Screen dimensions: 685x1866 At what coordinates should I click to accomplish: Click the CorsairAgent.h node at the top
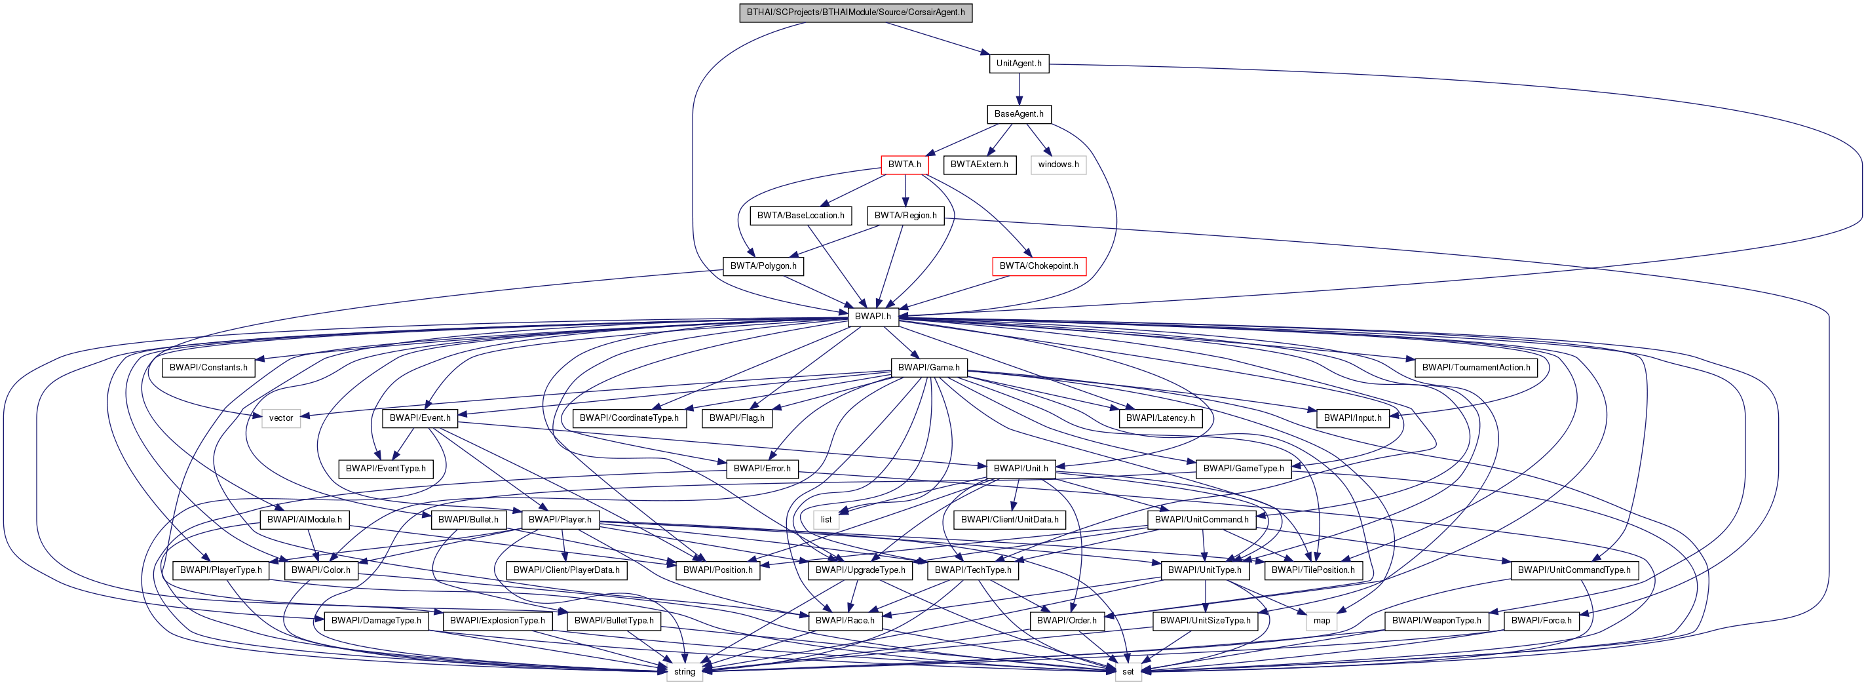tap(856, 12)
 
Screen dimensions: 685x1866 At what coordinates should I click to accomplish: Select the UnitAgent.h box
tap(1018, 63)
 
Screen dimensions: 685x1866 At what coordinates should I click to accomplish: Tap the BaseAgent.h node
tap(1018, 114)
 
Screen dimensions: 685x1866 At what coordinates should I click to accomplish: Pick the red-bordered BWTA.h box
tap(904, 165)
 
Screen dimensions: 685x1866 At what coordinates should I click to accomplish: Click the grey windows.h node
tap(1057, 165)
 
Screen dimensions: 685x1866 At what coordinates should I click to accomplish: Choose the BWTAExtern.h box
tap(979, 165)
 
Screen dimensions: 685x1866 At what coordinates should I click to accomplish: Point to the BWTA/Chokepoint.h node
tap(1038, 266)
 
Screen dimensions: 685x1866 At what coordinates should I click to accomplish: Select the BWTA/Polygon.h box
tap(763, 266)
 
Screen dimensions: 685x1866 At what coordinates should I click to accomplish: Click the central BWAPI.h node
tap(872, 317)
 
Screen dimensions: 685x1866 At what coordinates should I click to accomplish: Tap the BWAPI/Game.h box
tap(928, 368)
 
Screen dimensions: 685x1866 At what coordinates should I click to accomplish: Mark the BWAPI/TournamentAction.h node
tap(1476, 368)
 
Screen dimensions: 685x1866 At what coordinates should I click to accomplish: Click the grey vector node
tap(281, 418)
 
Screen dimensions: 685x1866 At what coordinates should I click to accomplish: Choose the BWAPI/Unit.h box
tap(1020, 468)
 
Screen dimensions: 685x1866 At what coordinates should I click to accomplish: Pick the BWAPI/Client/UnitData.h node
tap(1009, 519)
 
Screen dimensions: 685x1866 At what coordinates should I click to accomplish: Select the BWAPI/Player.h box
tap(560, 519)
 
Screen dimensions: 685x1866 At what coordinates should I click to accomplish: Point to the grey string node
tap(685, 671)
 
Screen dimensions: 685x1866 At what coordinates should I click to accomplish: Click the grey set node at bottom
tap(1128, 671)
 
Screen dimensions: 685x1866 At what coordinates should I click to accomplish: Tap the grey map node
tap(1322, 621)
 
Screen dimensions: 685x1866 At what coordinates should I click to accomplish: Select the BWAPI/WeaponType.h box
tap(1436, 621)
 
